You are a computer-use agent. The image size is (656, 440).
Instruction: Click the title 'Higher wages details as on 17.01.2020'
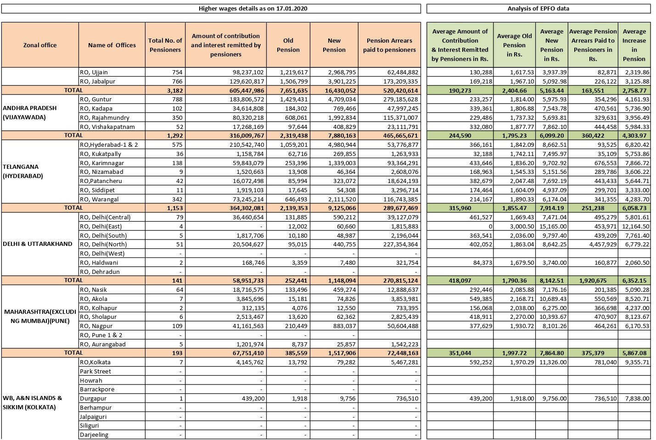coord(253,8)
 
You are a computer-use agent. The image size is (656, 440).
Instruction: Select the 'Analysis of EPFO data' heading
coord(538,8)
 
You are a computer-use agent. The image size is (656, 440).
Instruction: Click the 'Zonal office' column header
coord(40,45)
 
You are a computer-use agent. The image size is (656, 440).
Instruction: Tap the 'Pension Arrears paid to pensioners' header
coord(389,45)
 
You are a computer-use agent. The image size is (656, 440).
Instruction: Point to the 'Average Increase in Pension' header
coord(634,45)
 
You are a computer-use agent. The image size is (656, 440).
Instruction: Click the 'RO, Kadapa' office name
coord(96,108)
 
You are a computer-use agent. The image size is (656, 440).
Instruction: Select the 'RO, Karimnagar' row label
coord(101,163)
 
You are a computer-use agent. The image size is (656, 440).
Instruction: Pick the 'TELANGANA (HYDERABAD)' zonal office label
coord(23,171)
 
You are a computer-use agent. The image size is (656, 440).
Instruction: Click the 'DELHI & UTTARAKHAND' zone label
coord(38,244)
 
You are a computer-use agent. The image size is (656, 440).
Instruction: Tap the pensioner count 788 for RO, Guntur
coord(177,99)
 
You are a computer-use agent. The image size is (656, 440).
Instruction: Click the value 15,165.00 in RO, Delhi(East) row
coord(552,226)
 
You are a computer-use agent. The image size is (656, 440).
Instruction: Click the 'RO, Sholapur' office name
coord(98,317)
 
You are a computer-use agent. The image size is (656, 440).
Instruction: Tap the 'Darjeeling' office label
coord(94,434)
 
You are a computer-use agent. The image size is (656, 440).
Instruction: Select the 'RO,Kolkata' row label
coord(95,362)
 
